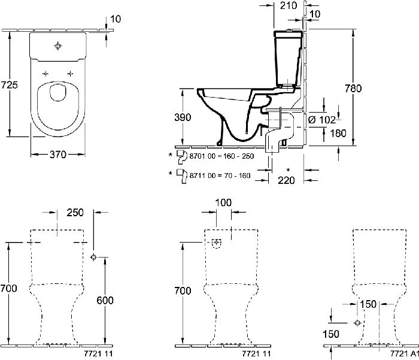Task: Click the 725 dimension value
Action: [9, 85]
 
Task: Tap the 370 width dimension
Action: [57, 155]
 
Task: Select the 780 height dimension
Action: [353, 88]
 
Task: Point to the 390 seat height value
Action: [183, 117]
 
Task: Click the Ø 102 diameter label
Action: [322, 120]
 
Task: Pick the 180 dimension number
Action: [338, 133]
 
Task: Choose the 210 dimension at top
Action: [289, 5]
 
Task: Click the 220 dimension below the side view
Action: [286, 180]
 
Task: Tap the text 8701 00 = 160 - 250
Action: [221, 156]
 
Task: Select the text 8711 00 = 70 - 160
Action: [220, 176]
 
